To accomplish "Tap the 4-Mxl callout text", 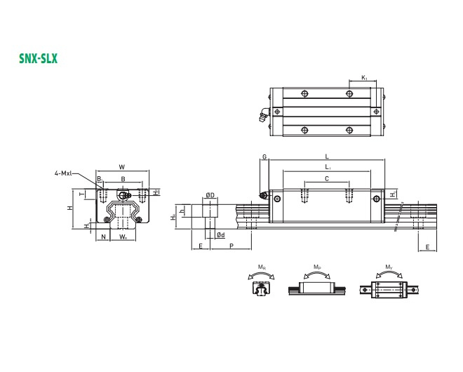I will click(64, 172).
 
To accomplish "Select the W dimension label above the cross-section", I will click(122, 167).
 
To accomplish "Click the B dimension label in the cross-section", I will click(123, 179).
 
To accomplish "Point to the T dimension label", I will click(82, 193).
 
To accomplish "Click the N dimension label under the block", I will click(103, 237).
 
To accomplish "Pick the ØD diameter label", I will click(210, 194).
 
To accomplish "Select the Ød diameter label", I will click(220, 234).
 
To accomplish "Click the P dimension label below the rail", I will click(231, 246).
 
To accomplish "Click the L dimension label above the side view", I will click(327, 157).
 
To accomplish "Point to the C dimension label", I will click(326, 179).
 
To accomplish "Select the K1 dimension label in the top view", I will click(363, 77).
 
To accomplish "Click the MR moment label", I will click(262, 267).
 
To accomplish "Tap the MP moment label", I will click(317, 267).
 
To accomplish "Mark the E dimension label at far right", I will click(427, 246).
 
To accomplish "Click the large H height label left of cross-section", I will click(68, 208).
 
